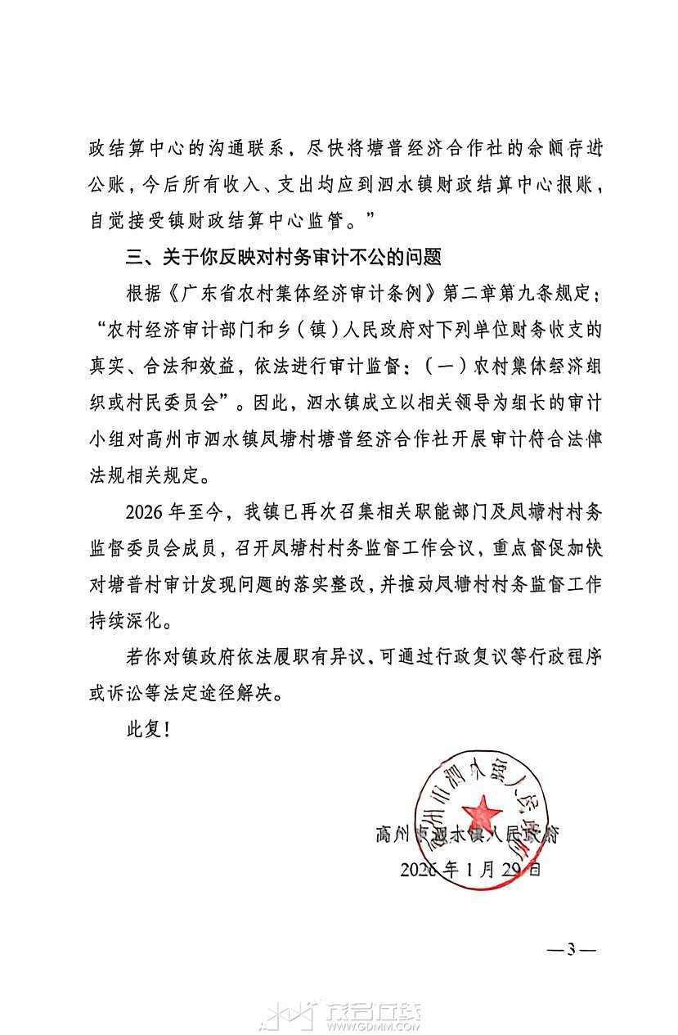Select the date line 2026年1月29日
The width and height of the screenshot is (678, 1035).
(x=470, y=869)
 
